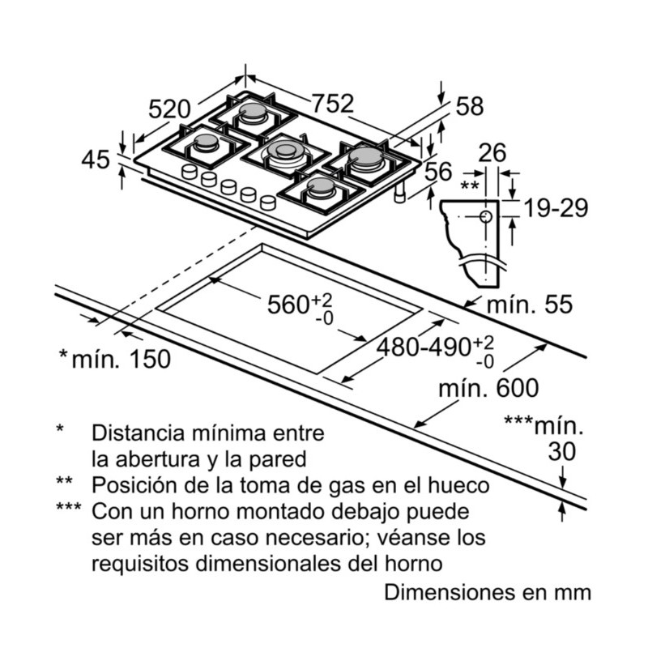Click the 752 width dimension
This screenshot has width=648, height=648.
pos(333,104)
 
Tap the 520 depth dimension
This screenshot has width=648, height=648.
pos(169,109)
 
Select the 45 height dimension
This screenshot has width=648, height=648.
pos(96,160)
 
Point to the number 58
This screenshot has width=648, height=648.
pos(469,106)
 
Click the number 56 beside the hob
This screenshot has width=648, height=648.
pos(438,171)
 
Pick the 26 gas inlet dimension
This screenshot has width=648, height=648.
pos(492,152)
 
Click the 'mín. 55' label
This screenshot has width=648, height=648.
pos(529,305)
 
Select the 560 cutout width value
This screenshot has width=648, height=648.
pos(288,305)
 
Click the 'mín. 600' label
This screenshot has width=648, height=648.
pos(488,389)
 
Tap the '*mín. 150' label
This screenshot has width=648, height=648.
pos(115,358)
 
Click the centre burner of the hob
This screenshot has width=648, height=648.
pos(284,150)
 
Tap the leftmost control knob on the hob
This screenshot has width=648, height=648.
pos(190,172)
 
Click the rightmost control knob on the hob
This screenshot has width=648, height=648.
pos(267,202)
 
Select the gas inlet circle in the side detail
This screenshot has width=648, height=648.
pos(484,217)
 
